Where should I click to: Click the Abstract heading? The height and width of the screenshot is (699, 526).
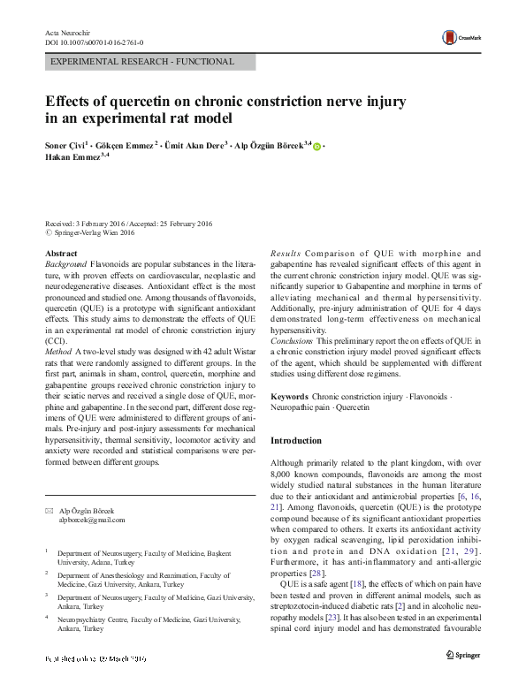61,254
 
